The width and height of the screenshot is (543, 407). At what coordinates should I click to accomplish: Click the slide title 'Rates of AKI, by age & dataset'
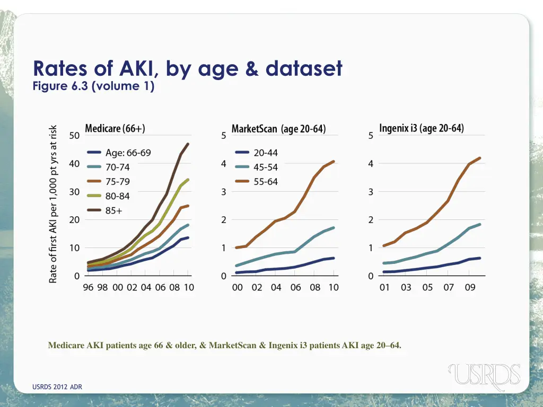187,69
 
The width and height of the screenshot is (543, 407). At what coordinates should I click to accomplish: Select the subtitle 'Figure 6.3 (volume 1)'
93,86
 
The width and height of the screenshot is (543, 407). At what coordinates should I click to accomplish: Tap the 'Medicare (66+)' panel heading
115,129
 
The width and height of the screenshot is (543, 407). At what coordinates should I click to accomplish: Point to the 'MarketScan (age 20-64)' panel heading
279,129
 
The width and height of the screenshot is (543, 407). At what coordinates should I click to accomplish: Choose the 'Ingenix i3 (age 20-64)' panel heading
422,129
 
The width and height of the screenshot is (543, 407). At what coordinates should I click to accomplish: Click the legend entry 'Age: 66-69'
128,153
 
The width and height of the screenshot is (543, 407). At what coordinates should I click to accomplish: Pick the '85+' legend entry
113,210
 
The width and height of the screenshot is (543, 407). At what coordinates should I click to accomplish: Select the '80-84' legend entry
117,196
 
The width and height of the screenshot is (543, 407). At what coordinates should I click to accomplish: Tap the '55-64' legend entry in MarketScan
266,182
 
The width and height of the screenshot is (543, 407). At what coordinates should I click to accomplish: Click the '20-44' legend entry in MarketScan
266,153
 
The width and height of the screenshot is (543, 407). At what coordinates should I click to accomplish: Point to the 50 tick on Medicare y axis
74,135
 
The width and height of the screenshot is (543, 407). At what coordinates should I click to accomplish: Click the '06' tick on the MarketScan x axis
295,287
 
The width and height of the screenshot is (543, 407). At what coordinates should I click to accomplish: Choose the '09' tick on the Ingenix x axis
470,287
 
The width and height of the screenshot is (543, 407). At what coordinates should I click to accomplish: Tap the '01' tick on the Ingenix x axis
384,287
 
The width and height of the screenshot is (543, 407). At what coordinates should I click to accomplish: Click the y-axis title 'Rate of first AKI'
53,204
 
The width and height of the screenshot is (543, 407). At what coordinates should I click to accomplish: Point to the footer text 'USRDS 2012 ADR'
57,387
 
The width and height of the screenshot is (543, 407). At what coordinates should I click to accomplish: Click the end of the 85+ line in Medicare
188,144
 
